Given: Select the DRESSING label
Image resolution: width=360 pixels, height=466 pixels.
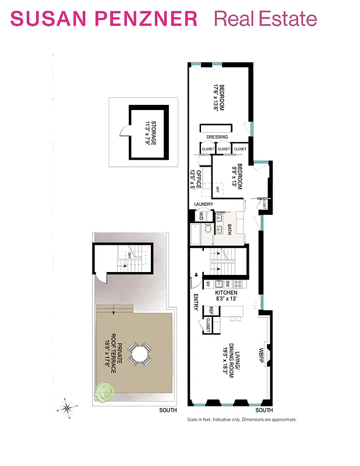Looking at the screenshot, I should pyautogui.click(x=217, y=137).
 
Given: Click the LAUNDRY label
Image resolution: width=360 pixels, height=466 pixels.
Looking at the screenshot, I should pyautogui.click(x=204, y=204).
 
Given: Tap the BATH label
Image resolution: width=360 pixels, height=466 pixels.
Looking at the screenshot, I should pyautogui.click(x=230, y=228).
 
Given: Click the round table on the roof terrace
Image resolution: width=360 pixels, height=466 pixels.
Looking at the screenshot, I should pyautogui.click(x=139, y=354).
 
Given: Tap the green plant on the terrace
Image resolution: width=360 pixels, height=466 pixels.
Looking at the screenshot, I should pyautogui.click(x=104, y=391).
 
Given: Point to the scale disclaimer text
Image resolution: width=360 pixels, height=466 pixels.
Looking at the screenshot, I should pyautogui.click(x=242, y=419).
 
